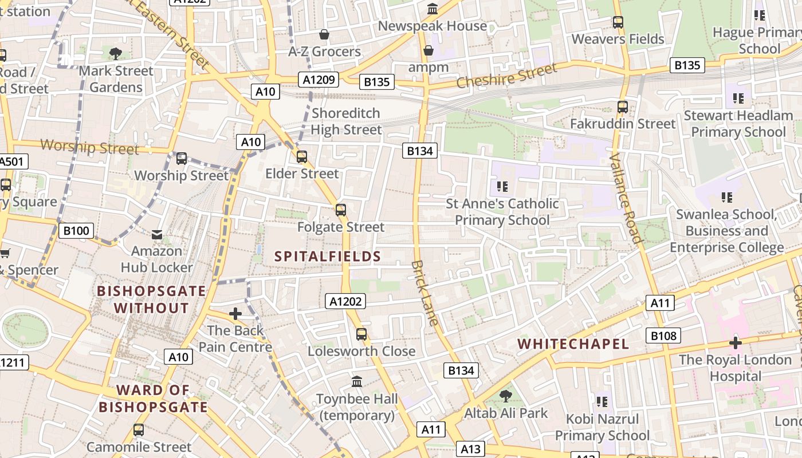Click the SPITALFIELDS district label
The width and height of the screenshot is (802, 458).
328,256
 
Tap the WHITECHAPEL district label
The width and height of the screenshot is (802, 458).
573,344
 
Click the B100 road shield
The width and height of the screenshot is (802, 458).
76,231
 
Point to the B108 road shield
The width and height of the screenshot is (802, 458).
663,335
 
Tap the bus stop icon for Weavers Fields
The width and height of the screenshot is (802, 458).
618,22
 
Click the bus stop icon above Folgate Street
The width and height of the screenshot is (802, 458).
341,210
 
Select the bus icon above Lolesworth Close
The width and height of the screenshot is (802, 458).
361,334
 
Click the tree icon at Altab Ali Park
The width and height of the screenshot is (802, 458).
505,396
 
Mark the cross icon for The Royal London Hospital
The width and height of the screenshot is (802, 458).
735,343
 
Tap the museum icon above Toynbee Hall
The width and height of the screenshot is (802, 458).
357,381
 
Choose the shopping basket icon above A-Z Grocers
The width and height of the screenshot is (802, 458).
324,35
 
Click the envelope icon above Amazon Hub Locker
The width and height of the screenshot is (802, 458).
156,234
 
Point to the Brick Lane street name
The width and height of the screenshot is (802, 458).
425,293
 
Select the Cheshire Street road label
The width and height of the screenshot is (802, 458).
506,76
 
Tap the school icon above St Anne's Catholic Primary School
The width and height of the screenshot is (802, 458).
502,186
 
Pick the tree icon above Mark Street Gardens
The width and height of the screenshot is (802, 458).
116,54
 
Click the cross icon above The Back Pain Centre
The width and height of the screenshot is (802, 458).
235,314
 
